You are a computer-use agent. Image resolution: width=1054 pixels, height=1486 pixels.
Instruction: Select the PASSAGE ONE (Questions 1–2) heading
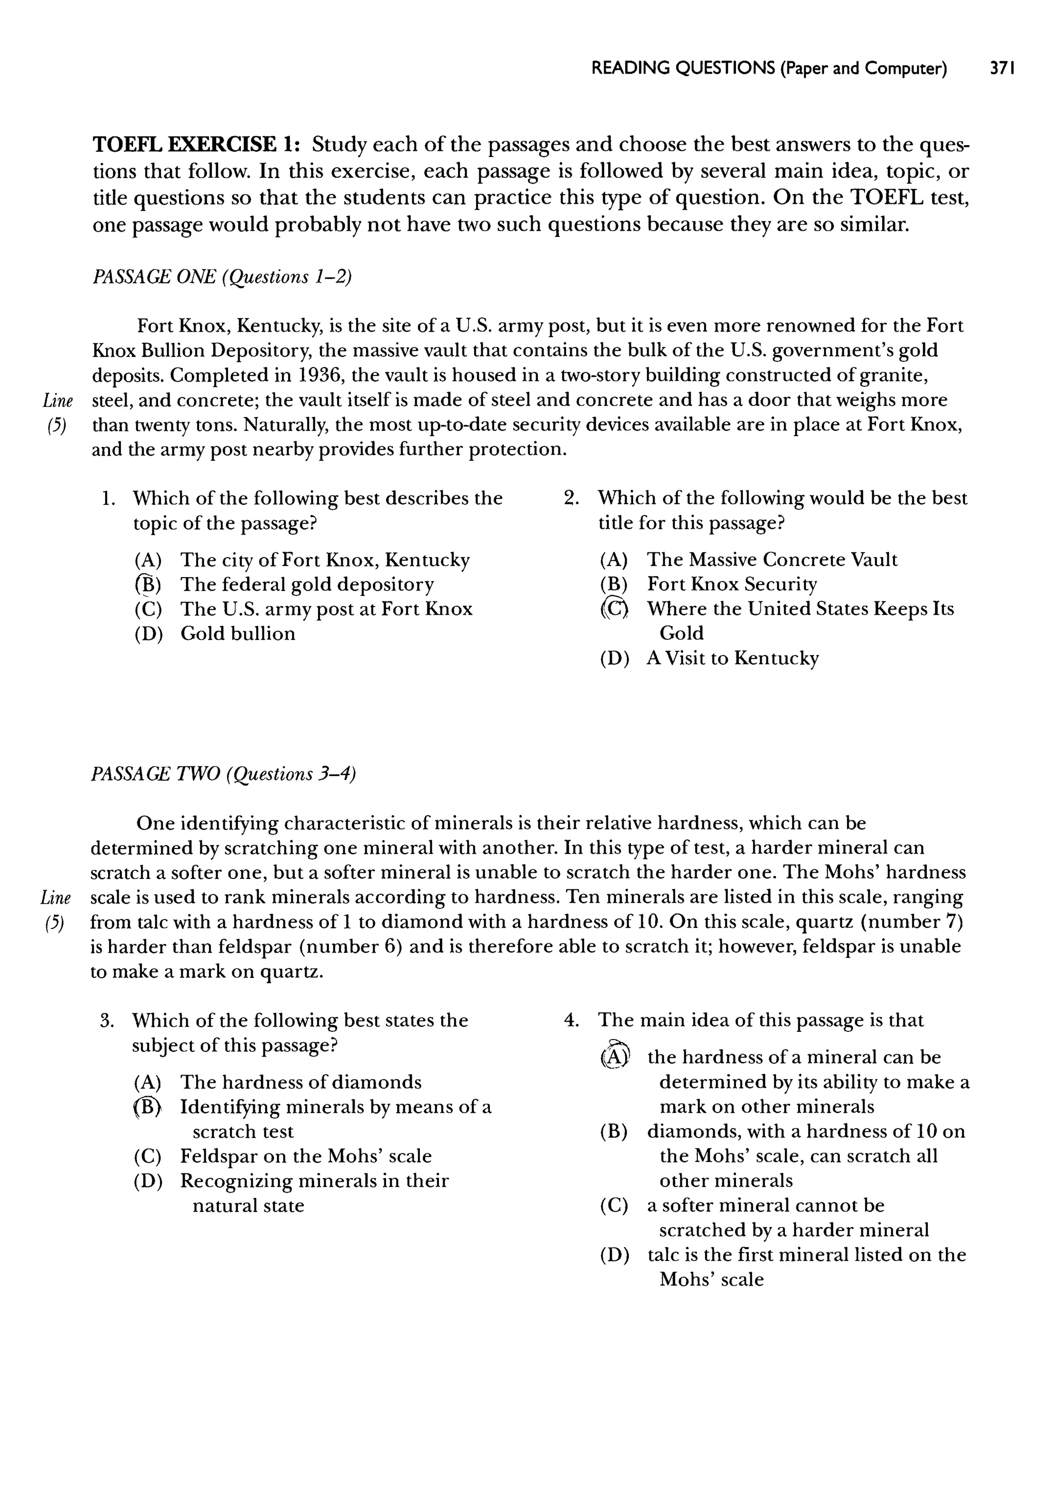pos(222,277)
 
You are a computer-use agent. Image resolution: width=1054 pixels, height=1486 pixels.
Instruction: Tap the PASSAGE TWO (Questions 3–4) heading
pos(223,774)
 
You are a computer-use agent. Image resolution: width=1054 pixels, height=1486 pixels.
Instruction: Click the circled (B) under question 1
pos(148,584)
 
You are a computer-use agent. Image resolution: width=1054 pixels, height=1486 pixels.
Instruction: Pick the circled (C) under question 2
pos(614,609)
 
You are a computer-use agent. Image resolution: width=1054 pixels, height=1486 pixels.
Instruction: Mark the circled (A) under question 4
pos(614,1057)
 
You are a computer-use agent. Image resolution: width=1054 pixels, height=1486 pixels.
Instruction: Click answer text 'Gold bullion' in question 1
pos(238,634)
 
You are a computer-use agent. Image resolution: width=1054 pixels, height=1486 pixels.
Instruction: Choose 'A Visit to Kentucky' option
pos(732,658)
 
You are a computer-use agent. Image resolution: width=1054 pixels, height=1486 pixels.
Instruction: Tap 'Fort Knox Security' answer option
pos(731,584)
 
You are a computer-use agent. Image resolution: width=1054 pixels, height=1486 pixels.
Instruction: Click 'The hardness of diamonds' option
pos(301,1082)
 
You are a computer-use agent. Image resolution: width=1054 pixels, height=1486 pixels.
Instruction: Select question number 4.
pos(570,1020)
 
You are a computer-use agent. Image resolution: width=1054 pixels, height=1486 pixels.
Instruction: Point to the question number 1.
pos(108,498)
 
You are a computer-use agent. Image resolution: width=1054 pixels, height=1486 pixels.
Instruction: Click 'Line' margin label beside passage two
pos(55,898)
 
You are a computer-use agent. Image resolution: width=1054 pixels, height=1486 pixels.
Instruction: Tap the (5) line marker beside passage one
pos(57,425)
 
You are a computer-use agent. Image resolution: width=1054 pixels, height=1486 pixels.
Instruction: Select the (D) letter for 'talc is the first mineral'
pos(614,1254)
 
